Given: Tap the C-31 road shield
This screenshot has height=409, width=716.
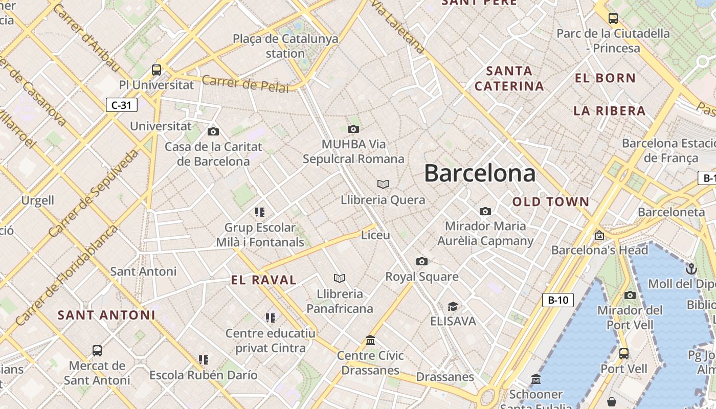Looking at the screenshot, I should coord(122,105).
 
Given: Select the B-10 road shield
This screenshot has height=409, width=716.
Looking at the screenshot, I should coord(557,300).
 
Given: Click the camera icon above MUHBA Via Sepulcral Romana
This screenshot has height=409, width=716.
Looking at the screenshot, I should coord(353,129).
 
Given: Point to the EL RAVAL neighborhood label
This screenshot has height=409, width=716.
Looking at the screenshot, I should coord(264,280).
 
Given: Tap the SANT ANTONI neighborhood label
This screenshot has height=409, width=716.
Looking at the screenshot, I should coord(106,315).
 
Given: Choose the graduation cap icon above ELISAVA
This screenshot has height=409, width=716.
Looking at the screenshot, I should coord(453,306).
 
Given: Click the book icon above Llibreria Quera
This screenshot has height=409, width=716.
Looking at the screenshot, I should coord(383,184).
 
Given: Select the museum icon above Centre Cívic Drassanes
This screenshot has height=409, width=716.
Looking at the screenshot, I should coord(370,340).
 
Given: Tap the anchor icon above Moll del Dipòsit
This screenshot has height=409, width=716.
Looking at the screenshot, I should coord(691,268).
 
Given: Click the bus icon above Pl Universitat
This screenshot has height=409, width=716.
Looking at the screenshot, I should coord(156,70).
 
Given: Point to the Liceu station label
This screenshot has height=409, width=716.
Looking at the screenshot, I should coord(375,235).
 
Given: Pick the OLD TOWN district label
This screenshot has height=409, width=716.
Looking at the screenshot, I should coord(551,202).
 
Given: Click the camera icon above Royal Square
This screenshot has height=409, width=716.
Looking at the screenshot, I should coord(421,262).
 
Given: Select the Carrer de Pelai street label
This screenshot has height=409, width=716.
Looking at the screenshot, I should coord(245,84).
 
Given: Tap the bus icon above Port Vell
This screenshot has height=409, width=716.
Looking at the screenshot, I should coord(623,353).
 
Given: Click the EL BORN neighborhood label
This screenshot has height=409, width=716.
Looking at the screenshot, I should coord(605,78).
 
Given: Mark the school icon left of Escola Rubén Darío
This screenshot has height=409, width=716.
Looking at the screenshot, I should coord(204,360).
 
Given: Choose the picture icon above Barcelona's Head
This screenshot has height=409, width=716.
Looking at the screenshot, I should coord(599,235).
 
